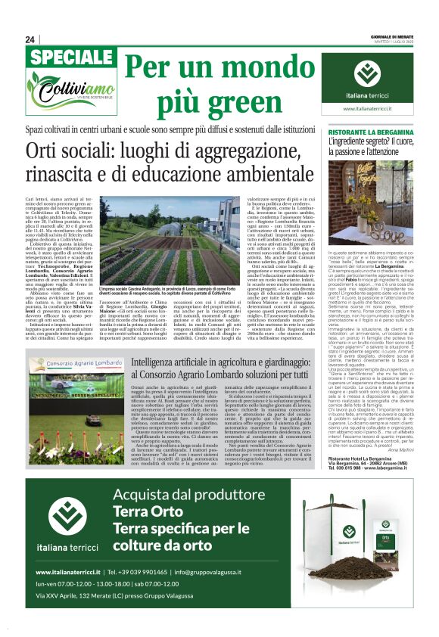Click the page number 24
30,39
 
